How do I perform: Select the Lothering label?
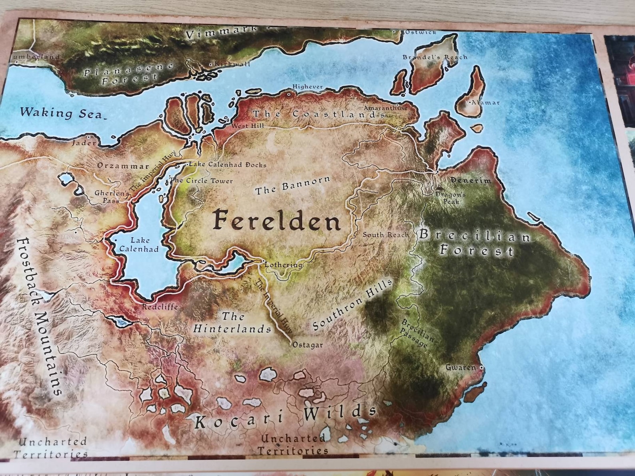pyautogui.click(x=284, y=265)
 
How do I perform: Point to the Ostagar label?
pyautogui.click(x=308, y=345)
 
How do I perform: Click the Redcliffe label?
pyautogui.click(x=160, y=307)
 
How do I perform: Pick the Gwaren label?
pyautogui.click(x=461, y=367)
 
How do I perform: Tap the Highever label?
pyautogui.click(x=307, y=86)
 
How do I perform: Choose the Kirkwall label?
pyautogui.click(x=232, y=64)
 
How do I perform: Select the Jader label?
pyautogui.click(x=84, y=143)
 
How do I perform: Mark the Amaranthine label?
pyautogui.click(x=385, y=108)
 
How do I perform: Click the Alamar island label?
pyautogui.click(x=485, y=103)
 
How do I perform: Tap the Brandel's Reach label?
pyautogui.click(x=435, y=57)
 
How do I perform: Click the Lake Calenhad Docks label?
pyautogui.click(x=228, y=164)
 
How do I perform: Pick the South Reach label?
pyautogui.click(x=385, y=235)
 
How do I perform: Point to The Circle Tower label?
pyautogui.click(x=202, y=181)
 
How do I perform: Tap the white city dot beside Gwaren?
pyautogui.click(x=481, y=367)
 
